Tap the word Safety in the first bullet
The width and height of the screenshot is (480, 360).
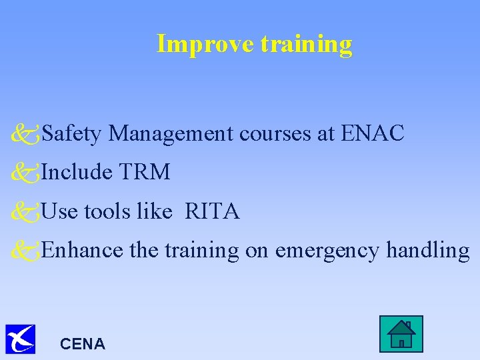pos(71,134)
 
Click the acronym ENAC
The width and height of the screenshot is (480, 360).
pos(372,133)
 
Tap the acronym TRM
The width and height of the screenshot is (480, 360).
pos(145,173)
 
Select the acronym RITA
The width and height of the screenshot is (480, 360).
pos(212,212)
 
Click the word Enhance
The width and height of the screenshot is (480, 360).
pos(82,251)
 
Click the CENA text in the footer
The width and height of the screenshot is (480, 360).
pos(82,344)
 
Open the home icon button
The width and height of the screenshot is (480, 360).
pos(401,334)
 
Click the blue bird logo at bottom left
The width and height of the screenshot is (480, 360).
pos(20,339)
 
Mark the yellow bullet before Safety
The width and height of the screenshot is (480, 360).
pos(25,135)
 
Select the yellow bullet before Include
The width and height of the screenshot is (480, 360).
pos(25,173)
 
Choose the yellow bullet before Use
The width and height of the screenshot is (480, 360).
pos(25,213)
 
